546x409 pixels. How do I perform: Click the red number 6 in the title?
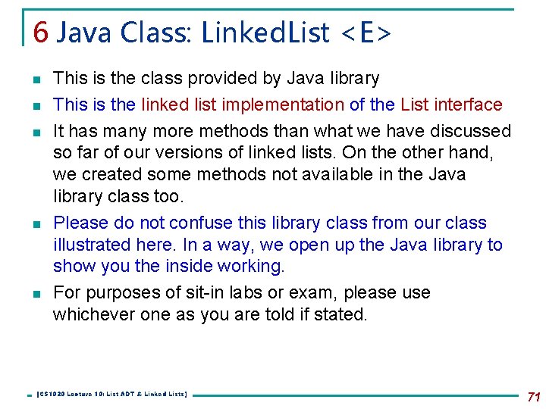tap(41, 32)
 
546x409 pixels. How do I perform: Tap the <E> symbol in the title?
tap(366, 32)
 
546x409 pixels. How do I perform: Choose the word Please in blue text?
tap(80, 223)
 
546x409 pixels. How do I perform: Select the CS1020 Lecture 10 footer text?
tap(112, 395)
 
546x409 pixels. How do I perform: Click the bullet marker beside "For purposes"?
tap(36, 293)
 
